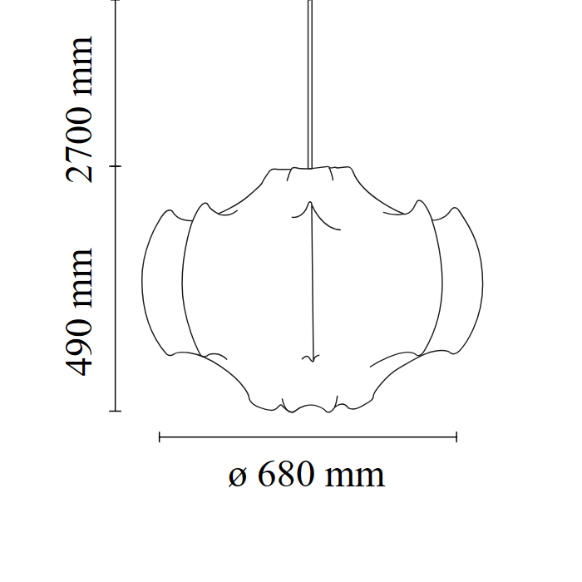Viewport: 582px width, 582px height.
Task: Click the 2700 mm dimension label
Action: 79,110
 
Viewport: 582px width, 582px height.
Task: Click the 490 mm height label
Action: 79,312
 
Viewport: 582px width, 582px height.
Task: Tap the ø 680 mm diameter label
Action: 307,474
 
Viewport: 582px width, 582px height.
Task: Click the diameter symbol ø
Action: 238,477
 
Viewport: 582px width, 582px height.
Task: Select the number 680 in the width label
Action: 286,474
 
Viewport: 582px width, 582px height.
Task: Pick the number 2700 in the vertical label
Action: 79,144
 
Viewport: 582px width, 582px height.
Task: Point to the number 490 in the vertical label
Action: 79,345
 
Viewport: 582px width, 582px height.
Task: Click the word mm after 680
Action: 355,477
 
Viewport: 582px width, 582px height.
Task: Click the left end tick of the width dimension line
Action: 160,437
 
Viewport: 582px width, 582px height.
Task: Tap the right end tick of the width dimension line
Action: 456,437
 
